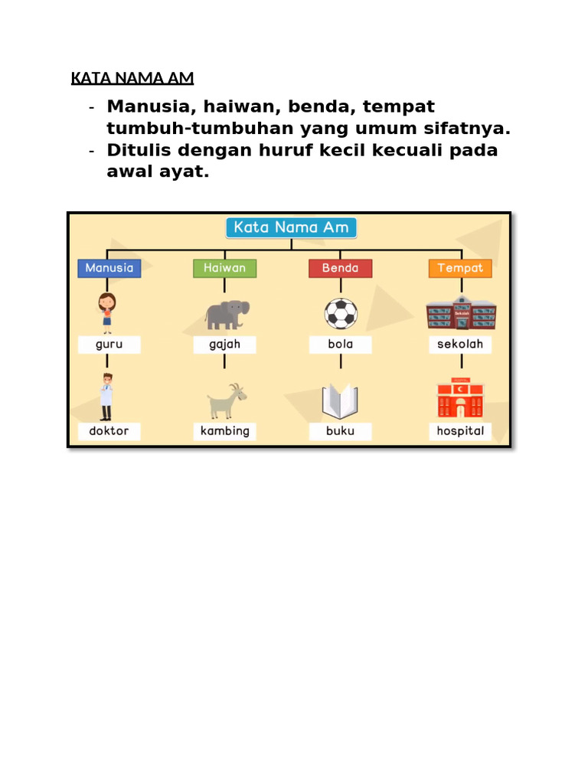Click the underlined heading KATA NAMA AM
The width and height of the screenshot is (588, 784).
[132, 78]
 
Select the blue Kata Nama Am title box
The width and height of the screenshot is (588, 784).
[291, 227]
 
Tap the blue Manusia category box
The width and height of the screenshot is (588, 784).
[109, 268]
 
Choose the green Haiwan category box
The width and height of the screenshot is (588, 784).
[224, 268]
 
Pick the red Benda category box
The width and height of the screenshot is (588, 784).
[340, 268]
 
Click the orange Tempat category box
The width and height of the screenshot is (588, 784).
[460, 268]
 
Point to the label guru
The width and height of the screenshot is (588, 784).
[109, 345]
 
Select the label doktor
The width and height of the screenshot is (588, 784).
[109, 431]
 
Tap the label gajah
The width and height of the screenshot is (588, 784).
[224, 345]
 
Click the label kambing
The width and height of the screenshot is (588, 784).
[224, 431]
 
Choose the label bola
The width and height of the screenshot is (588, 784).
[340, 345]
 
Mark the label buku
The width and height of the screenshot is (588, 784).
[340, 431]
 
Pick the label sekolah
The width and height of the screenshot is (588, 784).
[460, 345]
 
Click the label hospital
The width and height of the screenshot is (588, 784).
[460, 431]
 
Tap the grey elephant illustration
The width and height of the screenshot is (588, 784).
[227, 314]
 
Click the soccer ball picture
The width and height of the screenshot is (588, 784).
[341, 314]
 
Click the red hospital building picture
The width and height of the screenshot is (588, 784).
[460, 398]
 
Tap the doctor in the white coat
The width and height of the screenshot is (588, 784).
[106, 397]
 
